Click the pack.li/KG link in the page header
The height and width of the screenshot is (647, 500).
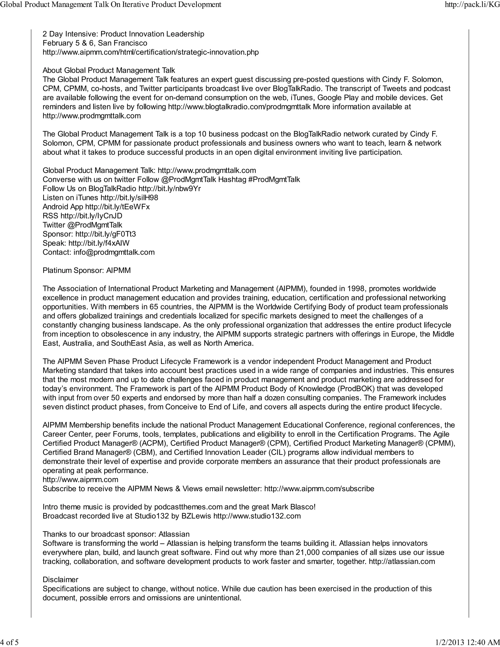(472, 4)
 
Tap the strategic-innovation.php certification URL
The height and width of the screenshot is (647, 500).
(150, 52)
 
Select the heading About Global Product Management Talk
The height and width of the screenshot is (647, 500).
(109, 71)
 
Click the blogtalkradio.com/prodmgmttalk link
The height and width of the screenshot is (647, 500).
(239, 107)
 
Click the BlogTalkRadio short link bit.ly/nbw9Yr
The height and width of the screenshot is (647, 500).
(169, 189)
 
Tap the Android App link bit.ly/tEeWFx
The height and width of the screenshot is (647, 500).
(117, 207)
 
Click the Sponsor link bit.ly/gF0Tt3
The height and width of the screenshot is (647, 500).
(105, 234)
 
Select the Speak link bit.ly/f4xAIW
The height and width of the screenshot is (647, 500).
(99, 243)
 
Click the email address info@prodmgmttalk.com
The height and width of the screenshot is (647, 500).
(114, 252)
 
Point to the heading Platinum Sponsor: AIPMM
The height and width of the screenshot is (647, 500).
(86, 271)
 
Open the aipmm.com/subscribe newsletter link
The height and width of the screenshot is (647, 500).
(319, 489)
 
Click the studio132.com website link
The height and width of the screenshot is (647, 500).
(257, 516)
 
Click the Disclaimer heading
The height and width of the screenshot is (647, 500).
(61, 580)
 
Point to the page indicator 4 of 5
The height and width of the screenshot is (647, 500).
(10, 642)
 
